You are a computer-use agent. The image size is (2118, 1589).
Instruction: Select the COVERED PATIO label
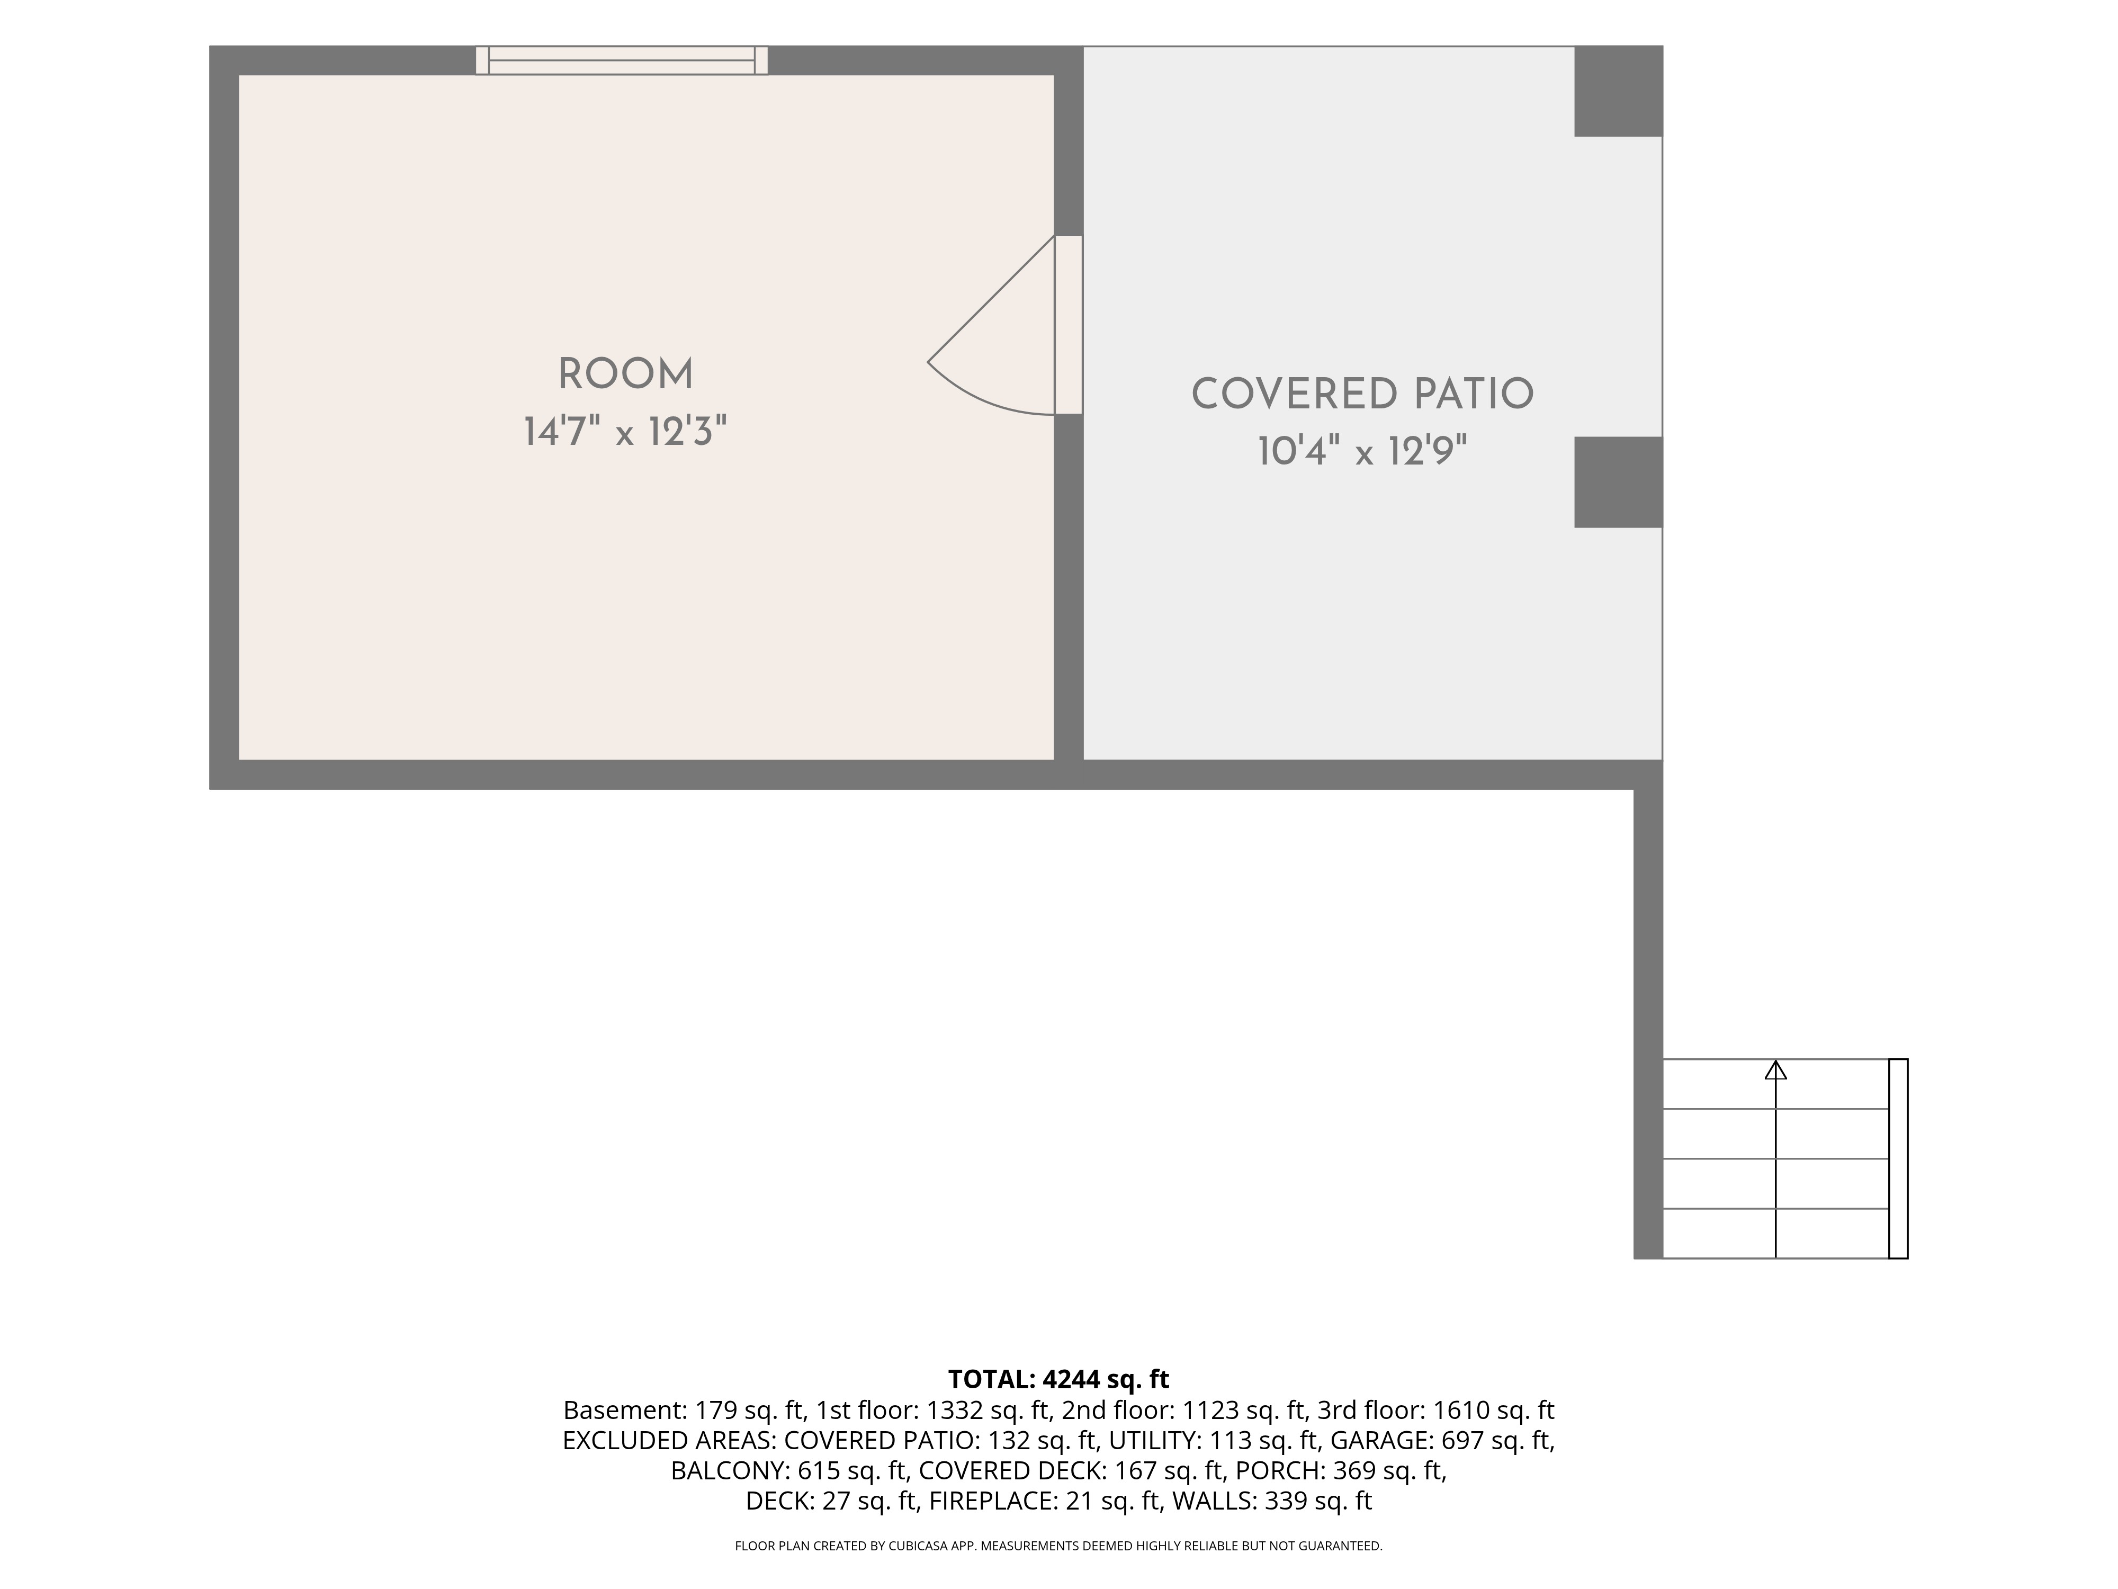1362,395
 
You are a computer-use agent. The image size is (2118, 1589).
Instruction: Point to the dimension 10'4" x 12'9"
1362,450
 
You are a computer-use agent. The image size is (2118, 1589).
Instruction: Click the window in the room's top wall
622,60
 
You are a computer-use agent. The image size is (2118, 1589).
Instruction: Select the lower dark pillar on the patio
1618,482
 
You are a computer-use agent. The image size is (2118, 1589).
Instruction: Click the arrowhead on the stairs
1776,1070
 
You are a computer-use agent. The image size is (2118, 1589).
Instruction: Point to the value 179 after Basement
714,1411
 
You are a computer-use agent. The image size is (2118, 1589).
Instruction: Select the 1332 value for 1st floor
953,1411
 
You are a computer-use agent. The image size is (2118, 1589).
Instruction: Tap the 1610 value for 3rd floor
1460,1411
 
